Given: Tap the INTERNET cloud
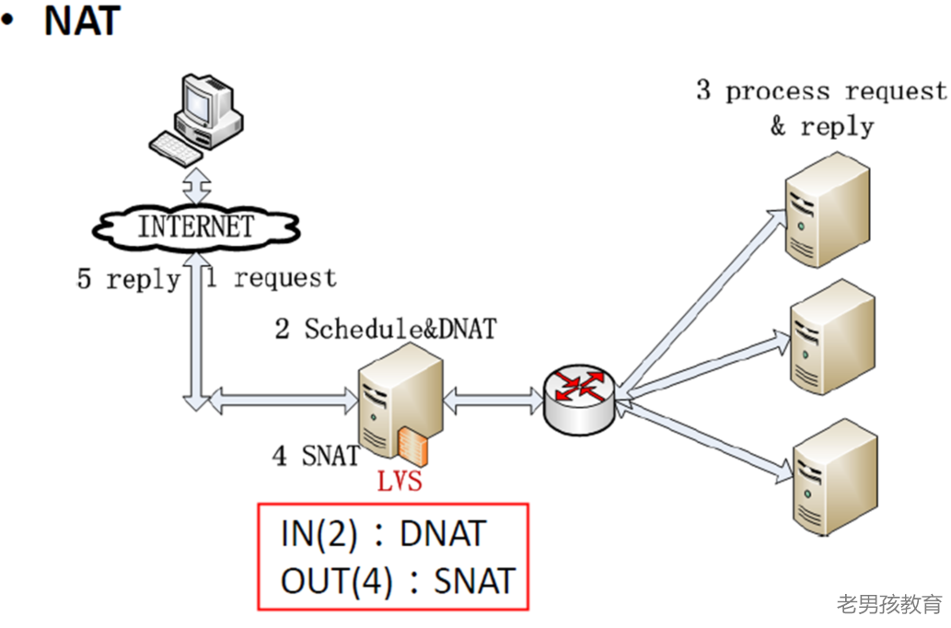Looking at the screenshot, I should click(196, 226).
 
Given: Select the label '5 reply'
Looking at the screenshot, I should click(127, 279).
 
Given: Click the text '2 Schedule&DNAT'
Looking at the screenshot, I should click(384, 329).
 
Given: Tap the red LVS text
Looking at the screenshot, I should click(400, 482).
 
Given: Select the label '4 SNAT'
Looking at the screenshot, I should click(315, 455).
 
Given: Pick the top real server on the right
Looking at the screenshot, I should click(826, 210).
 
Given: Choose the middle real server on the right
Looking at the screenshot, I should click(832, 337).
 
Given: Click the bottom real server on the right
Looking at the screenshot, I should click(833, 476).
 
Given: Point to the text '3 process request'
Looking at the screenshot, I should click(820, 91).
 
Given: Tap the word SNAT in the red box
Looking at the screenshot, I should click(473, 582).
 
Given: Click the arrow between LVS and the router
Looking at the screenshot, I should click(493, 400).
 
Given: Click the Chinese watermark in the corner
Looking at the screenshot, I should click(889, 604).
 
